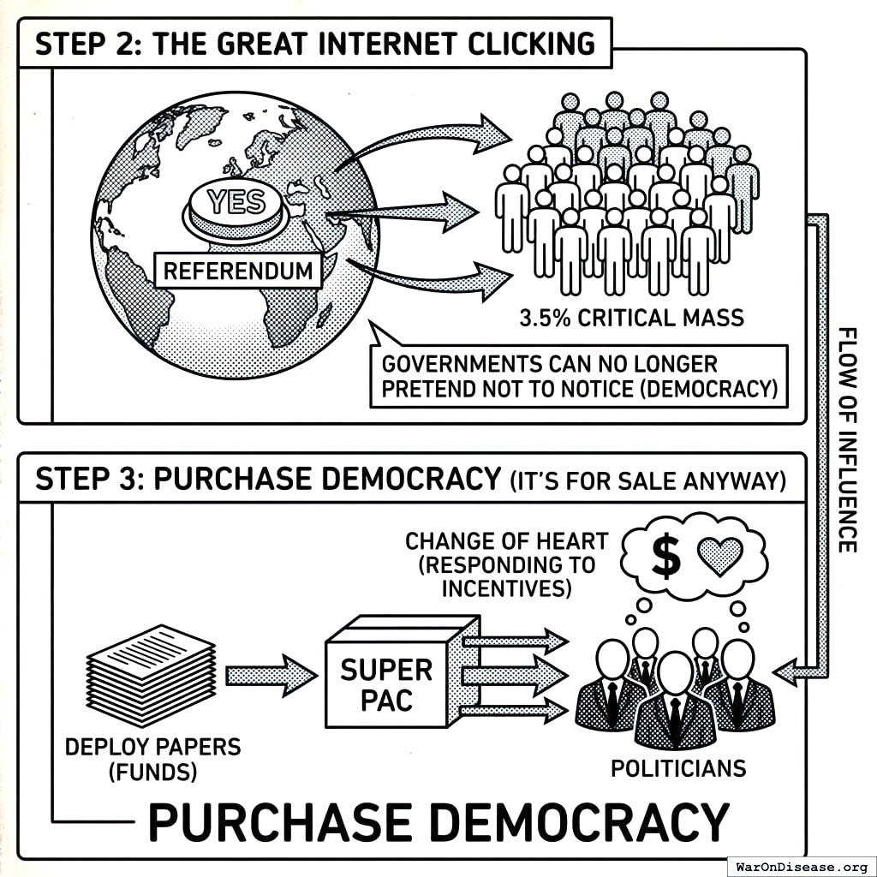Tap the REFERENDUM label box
pos(238,271)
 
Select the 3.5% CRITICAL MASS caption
pos(632,318)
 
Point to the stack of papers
pos(152,674)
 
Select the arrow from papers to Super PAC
pos(271,676)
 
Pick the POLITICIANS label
pos(677,768)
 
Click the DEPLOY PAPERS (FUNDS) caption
pos(153,758)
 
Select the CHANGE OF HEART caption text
pos(506,564)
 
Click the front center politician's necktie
pos(675,714)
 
